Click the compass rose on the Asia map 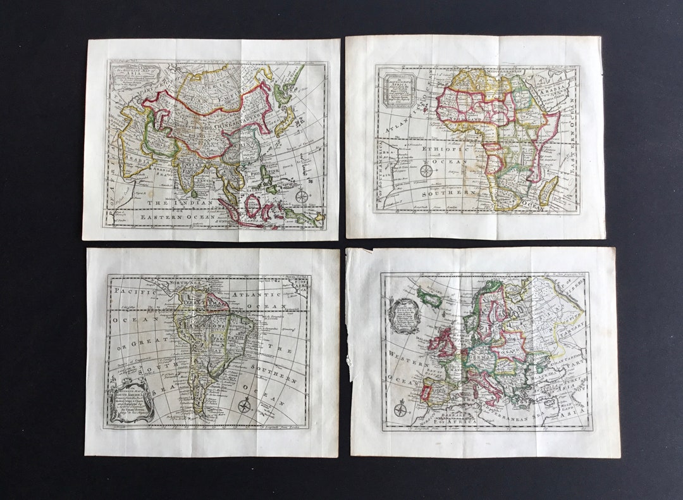point(302,196)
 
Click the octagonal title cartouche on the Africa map point(397,89)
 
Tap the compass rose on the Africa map point(427,170)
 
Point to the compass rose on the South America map point(244,406)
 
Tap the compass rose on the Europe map point(400,409)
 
